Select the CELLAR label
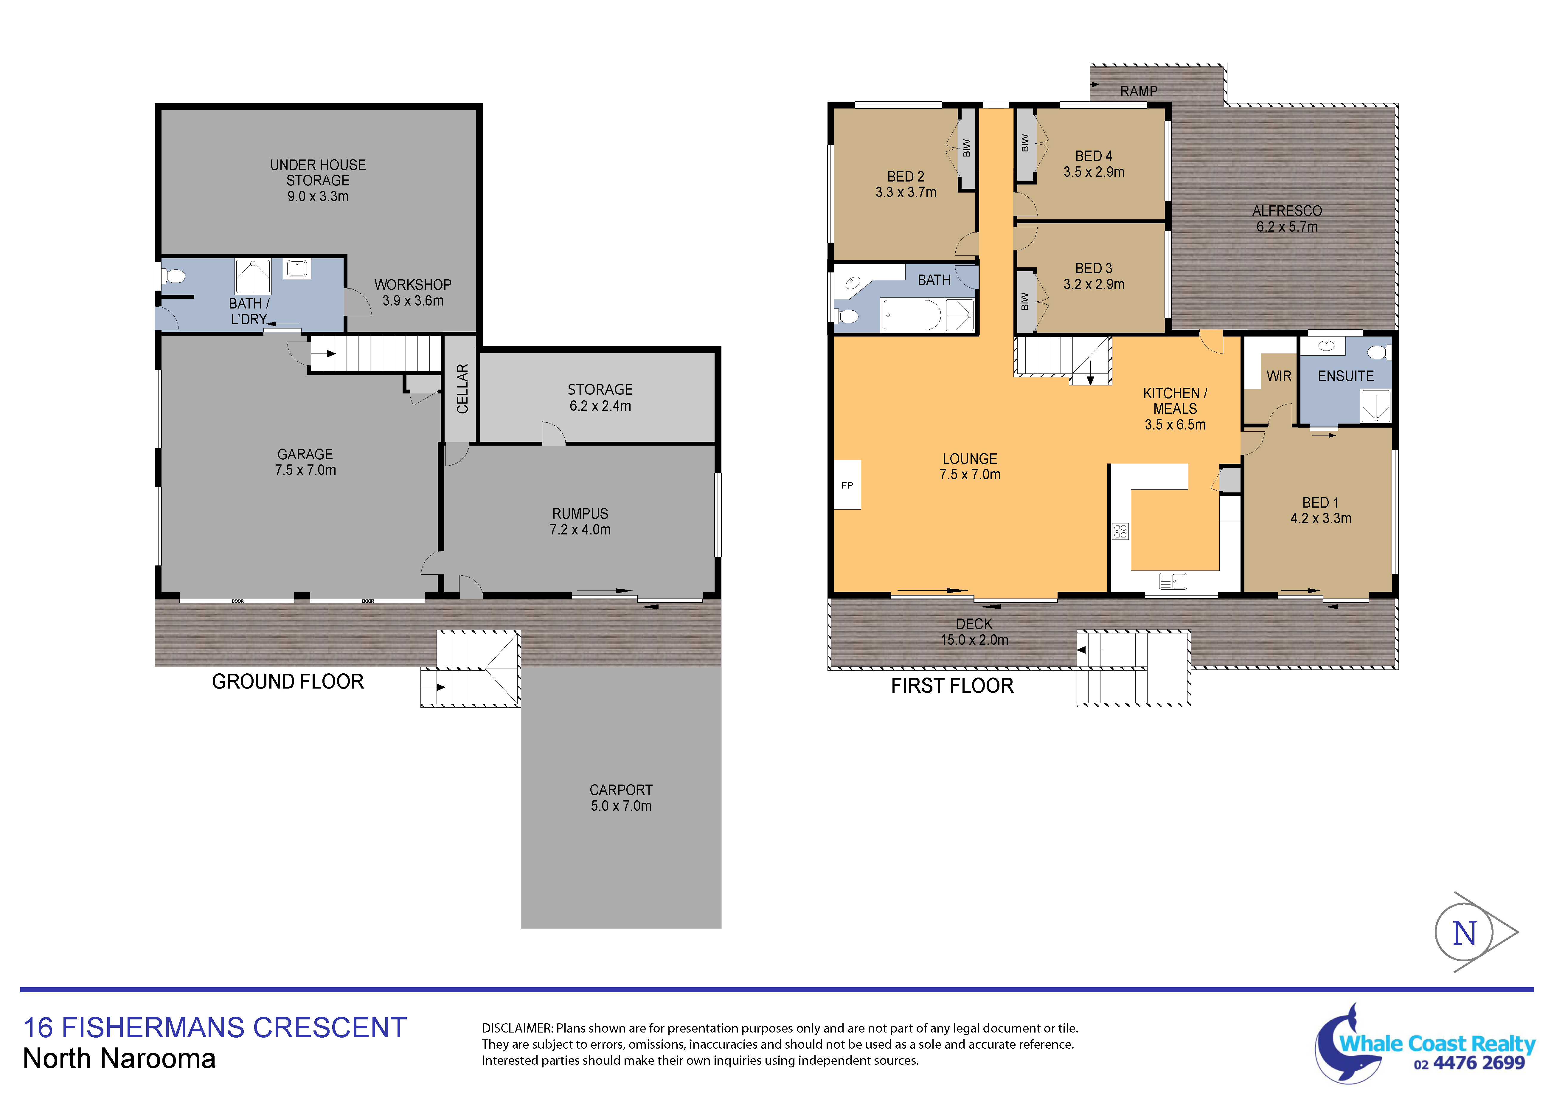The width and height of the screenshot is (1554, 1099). point(462,389)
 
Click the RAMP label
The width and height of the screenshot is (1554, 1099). point(1138,91)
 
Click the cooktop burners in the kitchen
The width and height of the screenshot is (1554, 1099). point(1120,531)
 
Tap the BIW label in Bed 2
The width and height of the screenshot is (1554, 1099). point(966,148)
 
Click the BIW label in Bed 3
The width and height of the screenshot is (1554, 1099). point(1025,301)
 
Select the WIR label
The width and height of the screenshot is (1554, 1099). point(1279,376)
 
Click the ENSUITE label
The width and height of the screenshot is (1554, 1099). point(1345,376)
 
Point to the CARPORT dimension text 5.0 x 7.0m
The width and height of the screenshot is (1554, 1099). point(621,806)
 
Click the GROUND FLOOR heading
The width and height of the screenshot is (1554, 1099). point(288,681)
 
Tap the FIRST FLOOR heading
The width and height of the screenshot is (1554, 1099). point(952,686)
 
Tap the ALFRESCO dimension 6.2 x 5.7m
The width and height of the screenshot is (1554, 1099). point(1287,227)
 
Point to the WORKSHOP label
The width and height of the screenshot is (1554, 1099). point(413,284)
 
